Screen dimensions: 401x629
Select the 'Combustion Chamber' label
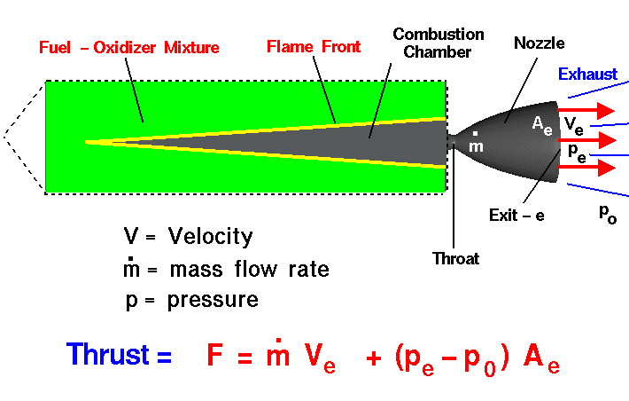coord(439,43)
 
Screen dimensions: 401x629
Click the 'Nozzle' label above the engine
coord(539,42)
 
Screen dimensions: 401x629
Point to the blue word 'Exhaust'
coord(587,75)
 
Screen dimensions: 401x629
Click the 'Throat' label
coord(455,259)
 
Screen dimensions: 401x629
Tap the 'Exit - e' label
coord(516,215)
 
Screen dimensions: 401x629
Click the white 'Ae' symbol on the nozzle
coord(542,125)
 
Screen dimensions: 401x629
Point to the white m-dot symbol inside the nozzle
coord(476,144)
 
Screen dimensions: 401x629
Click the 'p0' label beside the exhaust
coord(608,214)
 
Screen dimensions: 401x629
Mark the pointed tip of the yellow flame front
coord(88,142)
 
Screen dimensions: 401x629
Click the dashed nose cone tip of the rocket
coord(4,137)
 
